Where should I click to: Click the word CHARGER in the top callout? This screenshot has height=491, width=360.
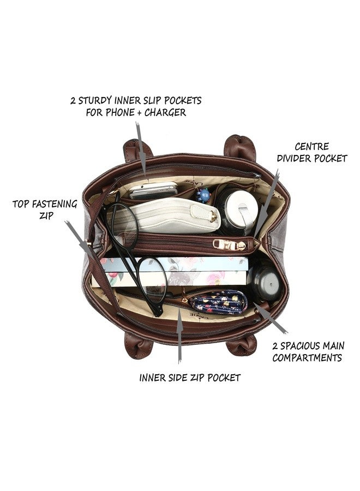[165, 112]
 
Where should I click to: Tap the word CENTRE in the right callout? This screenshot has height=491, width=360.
[312, 147]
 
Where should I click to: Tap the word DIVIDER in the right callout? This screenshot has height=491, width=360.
[294, 158]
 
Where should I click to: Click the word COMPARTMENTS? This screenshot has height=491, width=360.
[307, 357]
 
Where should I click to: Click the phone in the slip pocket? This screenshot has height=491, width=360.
[153, 190]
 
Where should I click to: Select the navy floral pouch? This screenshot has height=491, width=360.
[218, 302]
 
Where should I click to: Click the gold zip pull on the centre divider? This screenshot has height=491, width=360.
[229, 244]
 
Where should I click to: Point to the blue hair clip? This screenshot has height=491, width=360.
[203, 195]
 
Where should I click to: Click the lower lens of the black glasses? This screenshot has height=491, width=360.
[152, 281]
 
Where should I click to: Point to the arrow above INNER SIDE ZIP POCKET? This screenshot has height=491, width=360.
[179, 336]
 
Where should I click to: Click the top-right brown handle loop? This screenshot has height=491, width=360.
[240, 147]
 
